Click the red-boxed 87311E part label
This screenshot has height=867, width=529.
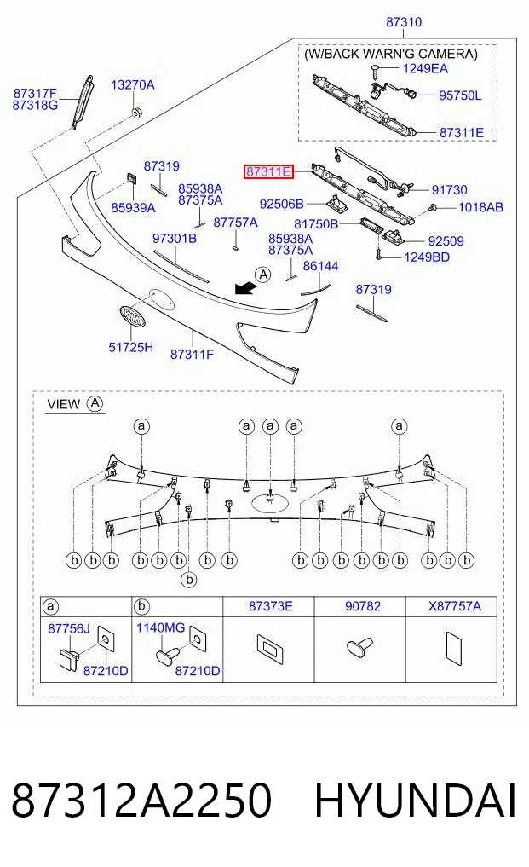point(268,172)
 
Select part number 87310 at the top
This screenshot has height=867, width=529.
point(404,22)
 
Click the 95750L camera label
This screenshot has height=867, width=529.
point(460,95)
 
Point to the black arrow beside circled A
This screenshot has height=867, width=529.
point(244,287)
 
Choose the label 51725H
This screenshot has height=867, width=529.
point(130,347)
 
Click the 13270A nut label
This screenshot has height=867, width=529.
point(133,84)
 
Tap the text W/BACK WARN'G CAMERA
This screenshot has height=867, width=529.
point(390,54)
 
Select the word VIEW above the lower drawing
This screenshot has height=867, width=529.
point(64,404)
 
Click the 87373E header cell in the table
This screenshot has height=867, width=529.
point(270,606)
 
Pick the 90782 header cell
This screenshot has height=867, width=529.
point(363,606)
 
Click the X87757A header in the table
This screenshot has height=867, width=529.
point(454,606)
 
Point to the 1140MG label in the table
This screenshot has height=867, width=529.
point(160,627)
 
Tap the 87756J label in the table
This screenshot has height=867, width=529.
point(68,628)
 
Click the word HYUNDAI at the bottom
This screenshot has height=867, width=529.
point(415,801)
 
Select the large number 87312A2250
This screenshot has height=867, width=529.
point(141,801)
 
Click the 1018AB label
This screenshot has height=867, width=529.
point(480,207)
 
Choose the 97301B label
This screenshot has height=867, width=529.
point(174,239)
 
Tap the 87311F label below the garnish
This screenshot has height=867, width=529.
point(192,355)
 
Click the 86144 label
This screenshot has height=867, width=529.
point(320,266)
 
